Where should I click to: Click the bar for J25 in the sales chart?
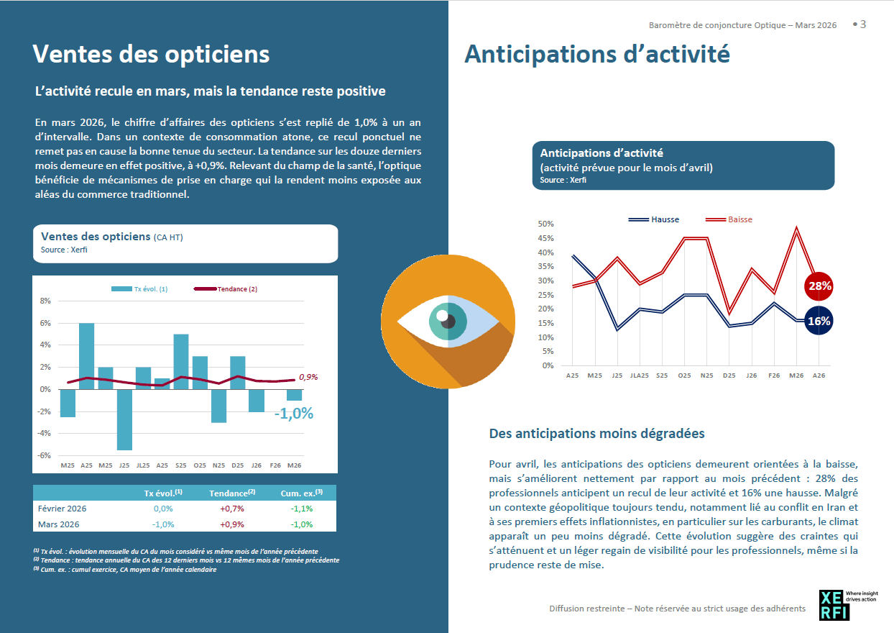(124, 419)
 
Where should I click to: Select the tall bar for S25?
(181, 361)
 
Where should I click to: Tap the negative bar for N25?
(218, 406)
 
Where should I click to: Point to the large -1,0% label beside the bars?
(294, 414)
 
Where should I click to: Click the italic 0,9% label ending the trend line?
(308, 377)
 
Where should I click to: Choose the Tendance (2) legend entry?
(226, 289)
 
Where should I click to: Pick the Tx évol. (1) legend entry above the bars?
(139, 289)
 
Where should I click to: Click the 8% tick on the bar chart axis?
(45, 301)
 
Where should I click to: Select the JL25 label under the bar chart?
(143, 465)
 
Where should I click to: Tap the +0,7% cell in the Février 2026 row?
(232, 509)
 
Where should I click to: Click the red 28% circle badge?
(819, 286)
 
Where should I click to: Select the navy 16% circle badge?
(819, 322)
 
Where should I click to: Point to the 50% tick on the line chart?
(545, 224)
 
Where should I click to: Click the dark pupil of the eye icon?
(448, 321)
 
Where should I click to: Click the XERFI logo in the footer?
(834, 605)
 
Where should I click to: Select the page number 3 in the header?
(862, 24)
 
